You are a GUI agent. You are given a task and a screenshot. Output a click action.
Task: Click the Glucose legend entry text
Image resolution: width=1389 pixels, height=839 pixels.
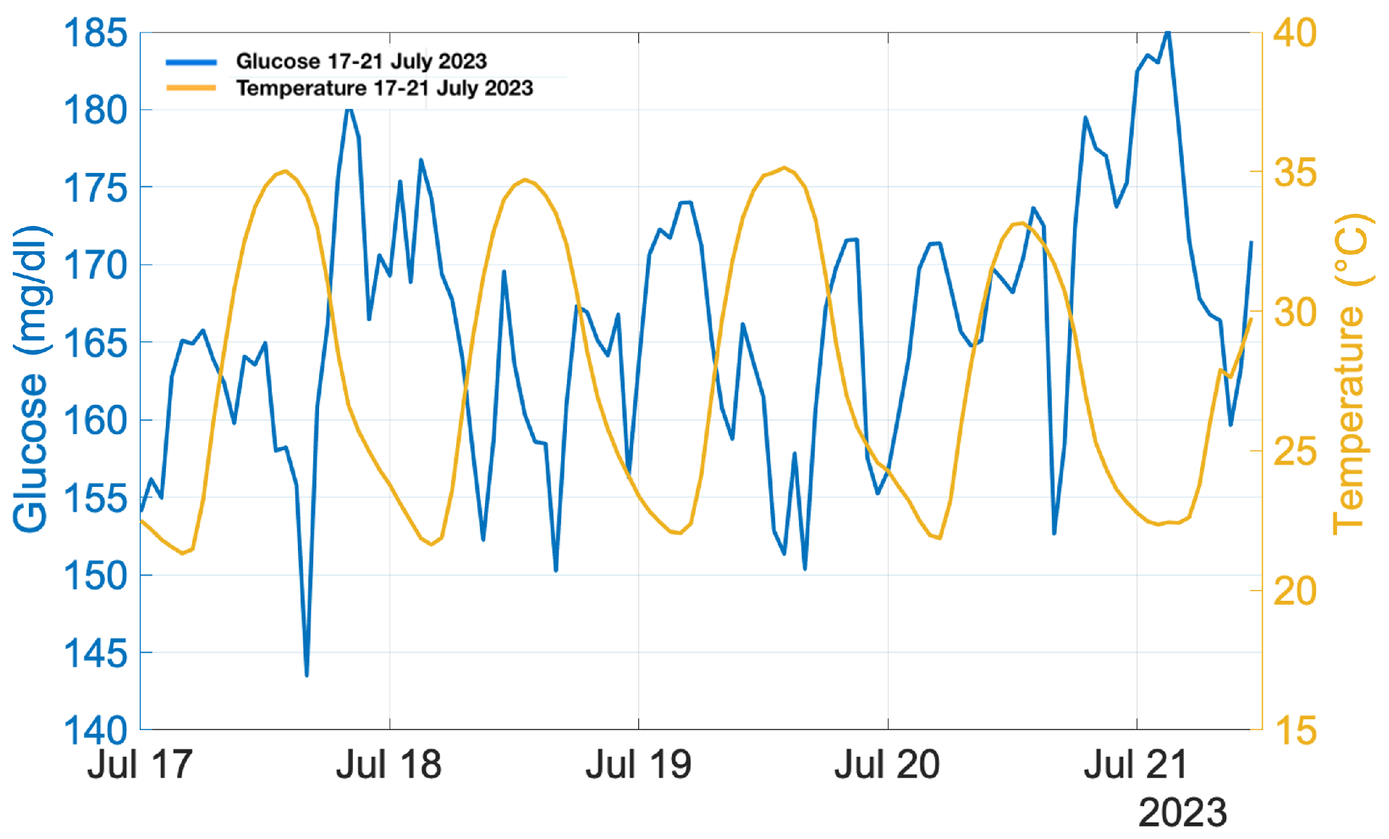coord(361,61)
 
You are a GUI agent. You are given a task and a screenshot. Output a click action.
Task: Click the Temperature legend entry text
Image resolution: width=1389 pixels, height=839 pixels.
coord(384,88)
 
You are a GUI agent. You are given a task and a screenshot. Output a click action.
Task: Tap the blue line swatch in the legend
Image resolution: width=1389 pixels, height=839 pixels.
coord(191,62)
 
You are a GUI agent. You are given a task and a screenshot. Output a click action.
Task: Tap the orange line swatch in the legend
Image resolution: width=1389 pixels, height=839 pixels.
coord(191,88)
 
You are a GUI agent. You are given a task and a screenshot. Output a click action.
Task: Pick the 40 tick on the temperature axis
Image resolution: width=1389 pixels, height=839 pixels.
coord(1295,33)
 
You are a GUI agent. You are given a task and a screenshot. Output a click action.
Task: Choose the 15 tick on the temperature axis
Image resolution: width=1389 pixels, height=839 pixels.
coord(1295,730)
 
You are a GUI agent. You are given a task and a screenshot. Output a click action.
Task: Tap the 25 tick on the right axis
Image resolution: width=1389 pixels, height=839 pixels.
coord(1295,452)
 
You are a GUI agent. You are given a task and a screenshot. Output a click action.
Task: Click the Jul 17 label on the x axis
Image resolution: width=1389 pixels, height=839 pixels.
coord(140,765)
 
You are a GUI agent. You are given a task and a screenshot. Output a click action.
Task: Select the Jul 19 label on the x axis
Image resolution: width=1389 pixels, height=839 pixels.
coord(638,765)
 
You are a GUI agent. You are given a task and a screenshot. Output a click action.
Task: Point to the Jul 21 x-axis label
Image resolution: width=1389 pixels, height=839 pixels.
coord(1136,765)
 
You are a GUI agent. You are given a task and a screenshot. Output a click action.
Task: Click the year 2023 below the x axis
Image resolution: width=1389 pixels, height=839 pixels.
coord(1182,812)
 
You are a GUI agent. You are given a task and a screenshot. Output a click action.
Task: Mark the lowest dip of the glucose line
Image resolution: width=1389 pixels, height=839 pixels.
coord(307,675)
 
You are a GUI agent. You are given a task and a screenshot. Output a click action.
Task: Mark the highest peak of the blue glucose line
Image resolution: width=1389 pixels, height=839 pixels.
coord(1168,32)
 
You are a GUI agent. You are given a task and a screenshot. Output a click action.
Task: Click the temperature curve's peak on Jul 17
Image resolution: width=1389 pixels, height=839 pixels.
coord(285,171)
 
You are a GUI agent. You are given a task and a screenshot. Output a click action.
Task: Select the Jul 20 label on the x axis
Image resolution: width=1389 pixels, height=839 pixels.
coord(887,765)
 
